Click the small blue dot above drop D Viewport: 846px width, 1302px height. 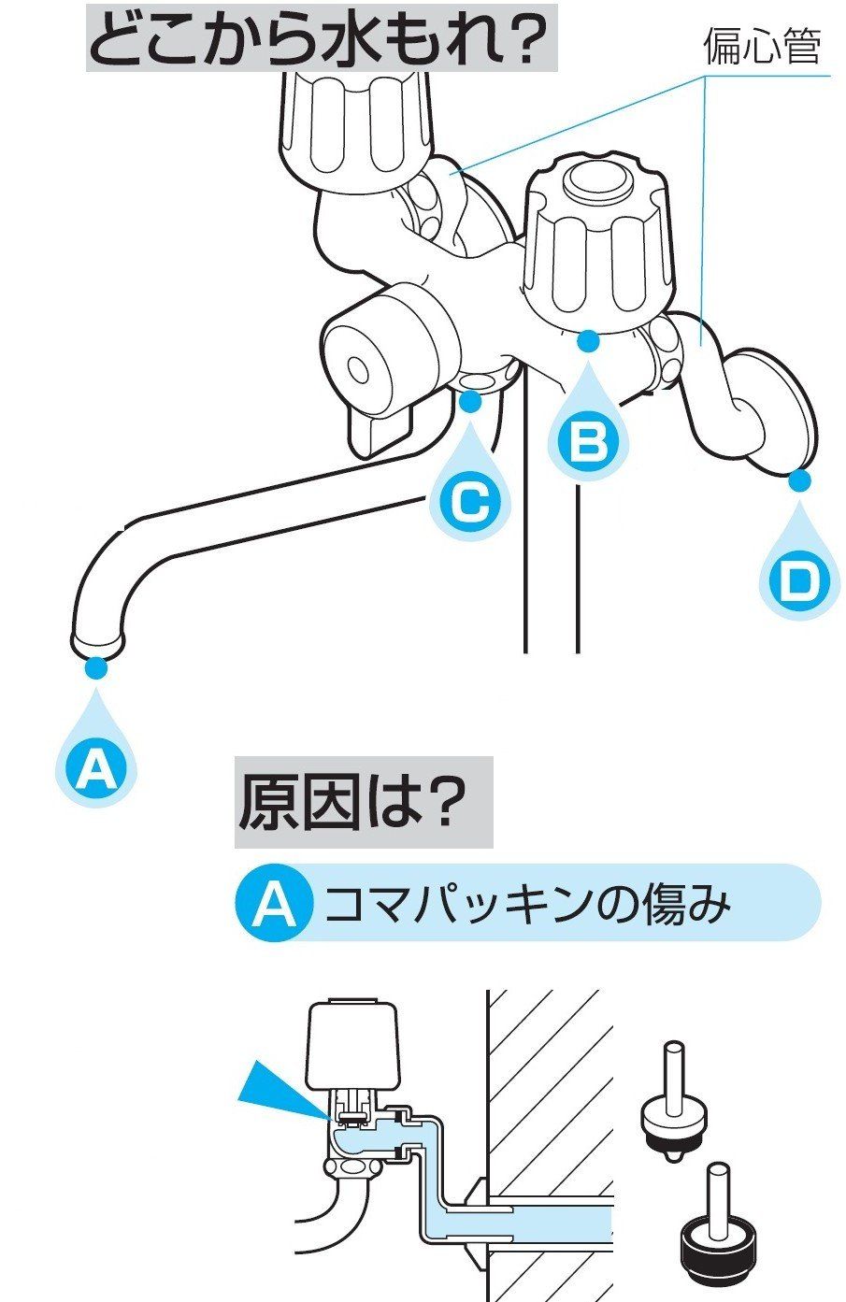click(x=797, y=480)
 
